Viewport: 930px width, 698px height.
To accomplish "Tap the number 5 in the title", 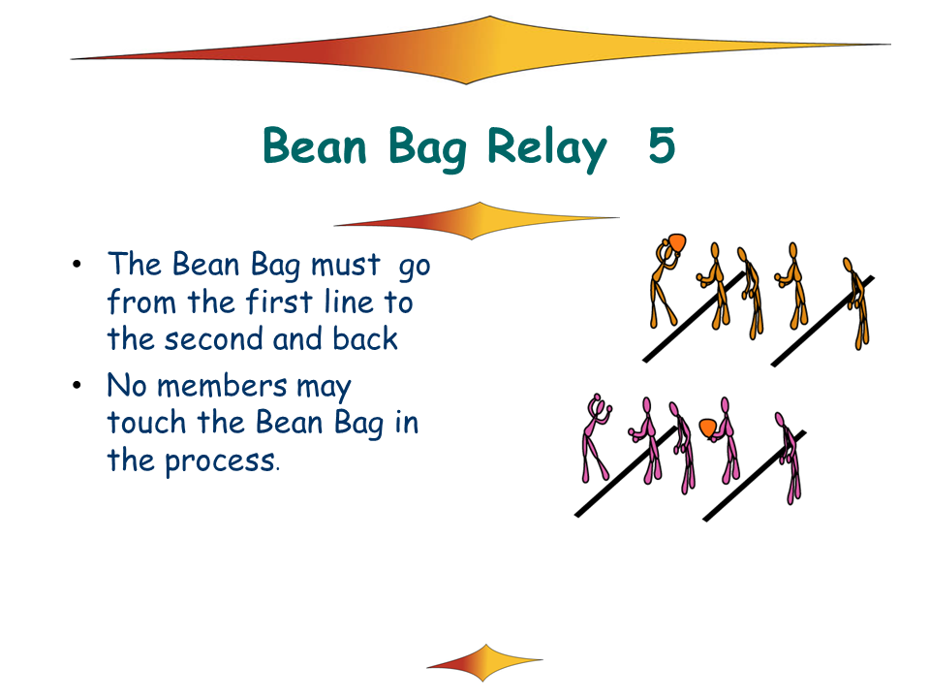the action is coord(662,145).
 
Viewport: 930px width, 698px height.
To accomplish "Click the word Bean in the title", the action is coord(315,145).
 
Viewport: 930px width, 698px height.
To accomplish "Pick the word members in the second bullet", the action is coord(222,387).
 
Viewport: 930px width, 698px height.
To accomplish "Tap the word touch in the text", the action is coord(146,424).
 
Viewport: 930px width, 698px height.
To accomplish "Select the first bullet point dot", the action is coord(77,264).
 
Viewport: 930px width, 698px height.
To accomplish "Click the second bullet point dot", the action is coord(77,386).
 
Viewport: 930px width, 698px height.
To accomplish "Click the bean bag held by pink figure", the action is coord(707,428).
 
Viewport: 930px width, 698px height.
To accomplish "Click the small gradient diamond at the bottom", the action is coord(484,662).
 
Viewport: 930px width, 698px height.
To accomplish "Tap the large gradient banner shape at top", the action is coord(480,50).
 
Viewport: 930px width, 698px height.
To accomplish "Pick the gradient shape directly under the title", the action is coord(477,221).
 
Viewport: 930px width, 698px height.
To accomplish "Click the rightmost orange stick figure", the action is coord(857,303).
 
